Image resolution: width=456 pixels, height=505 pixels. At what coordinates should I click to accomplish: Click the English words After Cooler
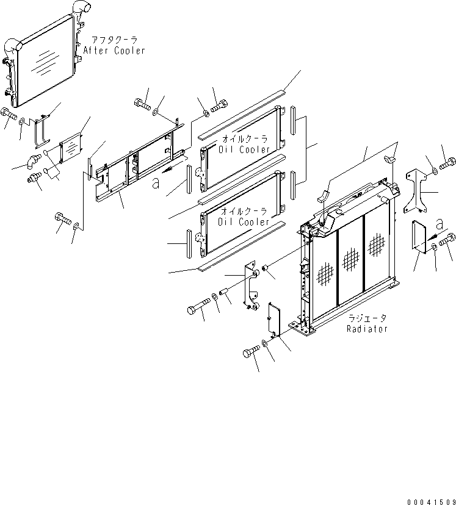[115, 51]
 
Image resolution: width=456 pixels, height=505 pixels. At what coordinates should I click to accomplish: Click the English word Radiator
[367, 329]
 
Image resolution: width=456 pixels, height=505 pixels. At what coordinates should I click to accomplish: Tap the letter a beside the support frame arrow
[157, 181]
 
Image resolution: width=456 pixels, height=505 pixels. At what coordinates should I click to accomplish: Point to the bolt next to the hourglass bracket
[446, 163]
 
